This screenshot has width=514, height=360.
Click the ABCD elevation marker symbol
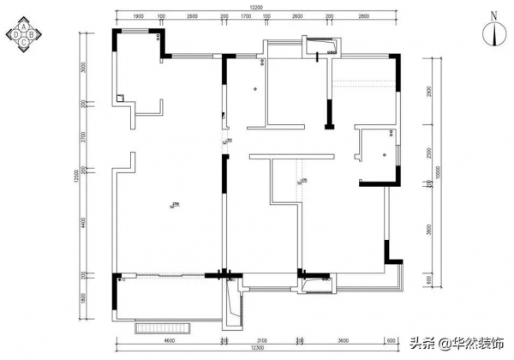pos(25,36)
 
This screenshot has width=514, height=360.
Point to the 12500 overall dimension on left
pos(75,175)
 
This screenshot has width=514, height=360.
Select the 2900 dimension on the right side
pos(428,91)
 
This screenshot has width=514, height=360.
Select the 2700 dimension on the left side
pos(83,136)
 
